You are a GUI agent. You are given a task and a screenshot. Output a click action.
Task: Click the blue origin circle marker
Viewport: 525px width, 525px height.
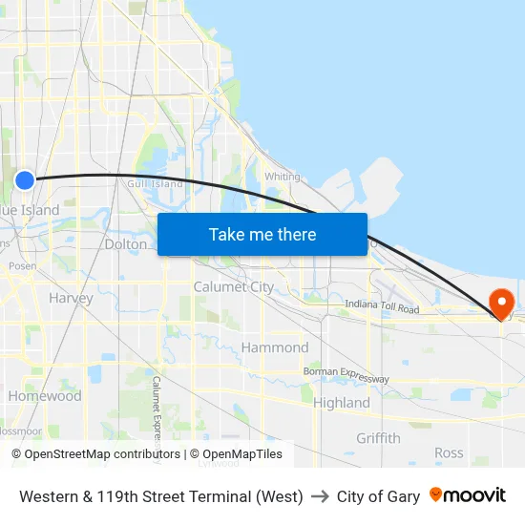point(25,179)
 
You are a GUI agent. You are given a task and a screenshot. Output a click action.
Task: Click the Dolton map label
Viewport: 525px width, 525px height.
point(126,244)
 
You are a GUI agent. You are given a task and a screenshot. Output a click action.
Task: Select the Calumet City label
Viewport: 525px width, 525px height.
point(233,286)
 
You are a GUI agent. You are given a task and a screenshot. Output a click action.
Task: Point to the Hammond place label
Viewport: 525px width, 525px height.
point(274,347)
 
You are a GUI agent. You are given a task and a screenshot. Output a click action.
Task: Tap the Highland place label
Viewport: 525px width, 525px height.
point(341,403)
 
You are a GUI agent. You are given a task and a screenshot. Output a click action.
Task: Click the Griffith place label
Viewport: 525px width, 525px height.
point(378,438)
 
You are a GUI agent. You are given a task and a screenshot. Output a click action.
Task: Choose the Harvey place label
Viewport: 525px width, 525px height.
point(71,298)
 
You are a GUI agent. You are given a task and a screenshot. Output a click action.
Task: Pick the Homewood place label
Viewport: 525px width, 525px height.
point(45,396)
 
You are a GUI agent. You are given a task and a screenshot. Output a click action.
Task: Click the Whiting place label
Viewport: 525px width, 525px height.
point(282,177)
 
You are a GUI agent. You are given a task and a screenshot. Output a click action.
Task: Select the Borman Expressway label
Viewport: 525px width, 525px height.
point(346,374)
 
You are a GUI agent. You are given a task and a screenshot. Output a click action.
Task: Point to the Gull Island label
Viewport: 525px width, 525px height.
point(154,183)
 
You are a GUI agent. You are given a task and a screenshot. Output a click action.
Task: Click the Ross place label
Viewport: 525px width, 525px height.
point(449,453)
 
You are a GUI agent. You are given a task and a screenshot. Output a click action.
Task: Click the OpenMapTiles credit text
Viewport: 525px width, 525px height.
point(236,454)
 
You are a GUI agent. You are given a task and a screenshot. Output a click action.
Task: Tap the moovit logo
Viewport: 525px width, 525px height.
point(467,495)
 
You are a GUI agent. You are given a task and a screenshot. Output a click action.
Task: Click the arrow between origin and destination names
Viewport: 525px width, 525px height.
point(320,496)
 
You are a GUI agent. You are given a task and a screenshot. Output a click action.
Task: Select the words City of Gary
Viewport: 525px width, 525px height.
point(378,496)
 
